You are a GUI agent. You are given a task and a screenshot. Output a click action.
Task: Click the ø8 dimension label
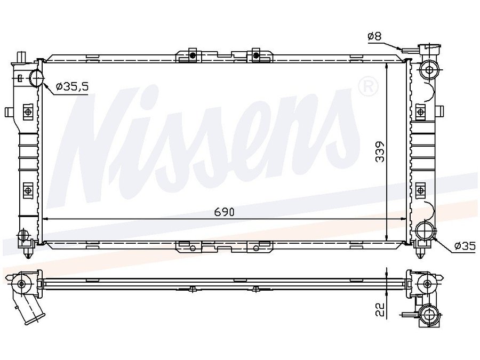[374, 36]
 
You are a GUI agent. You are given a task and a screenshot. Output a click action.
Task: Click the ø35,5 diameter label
[73, 87]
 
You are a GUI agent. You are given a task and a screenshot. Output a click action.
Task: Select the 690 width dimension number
[224, 212]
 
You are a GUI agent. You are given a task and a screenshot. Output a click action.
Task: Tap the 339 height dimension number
[380, 151]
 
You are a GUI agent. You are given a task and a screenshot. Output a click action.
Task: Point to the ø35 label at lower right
[465, 245]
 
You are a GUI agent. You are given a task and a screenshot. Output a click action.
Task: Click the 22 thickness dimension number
[380, 310]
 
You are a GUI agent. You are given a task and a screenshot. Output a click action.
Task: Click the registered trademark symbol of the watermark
[368, 86]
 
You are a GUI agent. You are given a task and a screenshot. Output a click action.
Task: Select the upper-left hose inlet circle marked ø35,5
[37, 78]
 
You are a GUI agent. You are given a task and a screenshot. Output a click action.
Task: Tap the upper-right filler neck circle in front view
[429, 70]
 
